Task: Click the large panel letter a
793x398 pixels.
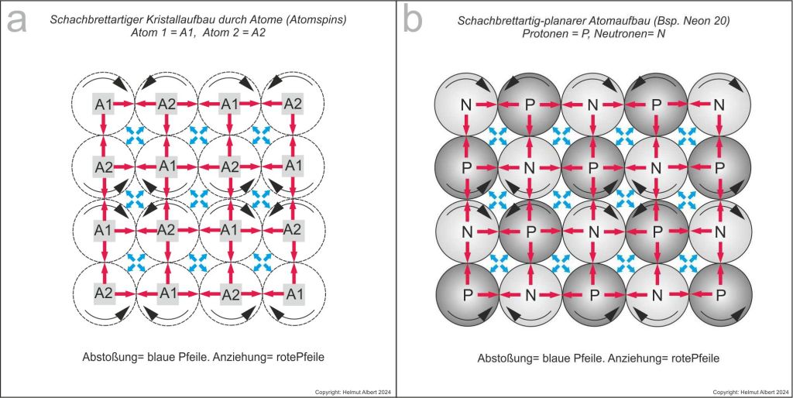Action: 16,20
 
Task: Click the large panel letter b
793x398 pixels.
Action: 413,20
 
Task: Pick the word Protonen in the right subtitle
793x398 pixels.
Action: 544,36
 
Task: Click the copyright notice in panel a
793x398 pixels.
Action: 353,393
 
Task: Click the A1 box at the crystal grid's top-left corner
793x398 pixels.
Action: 104,104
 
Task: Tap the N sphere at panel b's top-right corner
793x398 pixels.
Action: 719,104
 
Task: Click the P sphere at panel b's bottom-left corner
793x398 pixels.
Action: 467,295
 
